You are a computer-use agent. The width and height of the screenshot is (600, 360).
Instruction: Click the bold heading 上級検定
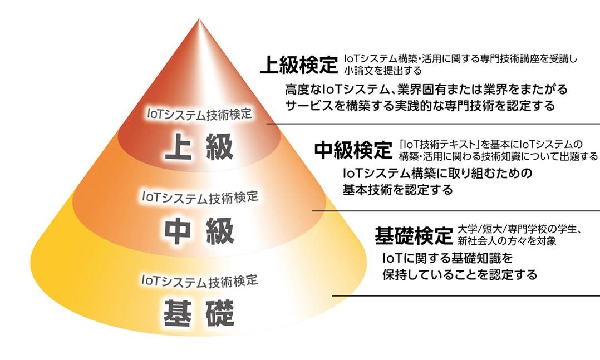299,65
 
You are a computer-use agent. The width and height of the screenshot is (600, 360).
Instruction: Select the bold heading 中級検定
353,150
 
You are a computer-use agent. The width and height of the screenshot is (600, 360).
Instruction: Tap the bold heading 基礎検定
414,235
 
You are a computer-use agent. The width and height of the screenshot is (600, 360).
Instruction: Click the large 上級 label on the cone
199,146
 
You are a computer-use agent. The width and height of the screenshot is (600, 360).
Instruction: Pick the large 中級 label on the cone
199,231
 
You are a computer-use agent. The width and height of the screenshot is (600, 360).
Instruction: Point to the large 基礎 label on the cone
199,313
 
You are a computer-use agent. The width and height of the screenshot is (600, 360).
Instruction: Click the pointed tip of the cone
199,18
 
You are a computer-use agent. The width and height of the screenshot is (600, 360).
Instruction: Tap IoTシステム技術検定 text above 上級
199,114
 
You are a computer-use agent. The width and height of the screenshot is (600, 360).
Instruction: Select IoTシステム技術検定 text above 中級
200,196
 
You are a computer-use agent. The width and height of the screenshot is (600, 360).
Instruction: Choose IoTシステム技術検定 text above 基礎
200,280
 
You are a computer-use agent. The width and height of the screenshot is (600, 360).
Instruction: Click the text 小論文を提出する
383,71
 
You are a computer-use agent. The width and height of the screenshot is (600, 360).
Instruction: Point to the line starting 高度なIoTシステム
426,90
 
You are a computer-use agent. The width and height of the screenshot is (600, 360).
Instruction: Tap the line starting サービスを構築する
420,105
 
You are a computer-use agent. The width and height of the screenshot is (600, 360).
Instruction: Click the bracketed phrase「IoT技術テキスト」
439,144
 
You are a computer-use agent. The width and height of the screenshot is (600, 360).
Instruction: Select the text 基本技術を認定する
397,189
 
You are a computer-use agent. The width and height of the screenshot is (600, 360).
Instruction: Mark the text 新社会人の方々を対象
507,240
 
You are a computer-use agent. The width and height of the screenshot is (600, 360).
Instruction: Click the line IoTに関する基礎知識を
447,258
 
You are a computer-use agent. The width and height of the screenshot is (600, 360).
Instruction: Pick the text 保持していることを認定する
460,275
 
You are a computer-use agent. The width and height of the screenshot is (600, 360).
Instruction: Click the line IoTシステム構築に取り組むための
437,173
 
